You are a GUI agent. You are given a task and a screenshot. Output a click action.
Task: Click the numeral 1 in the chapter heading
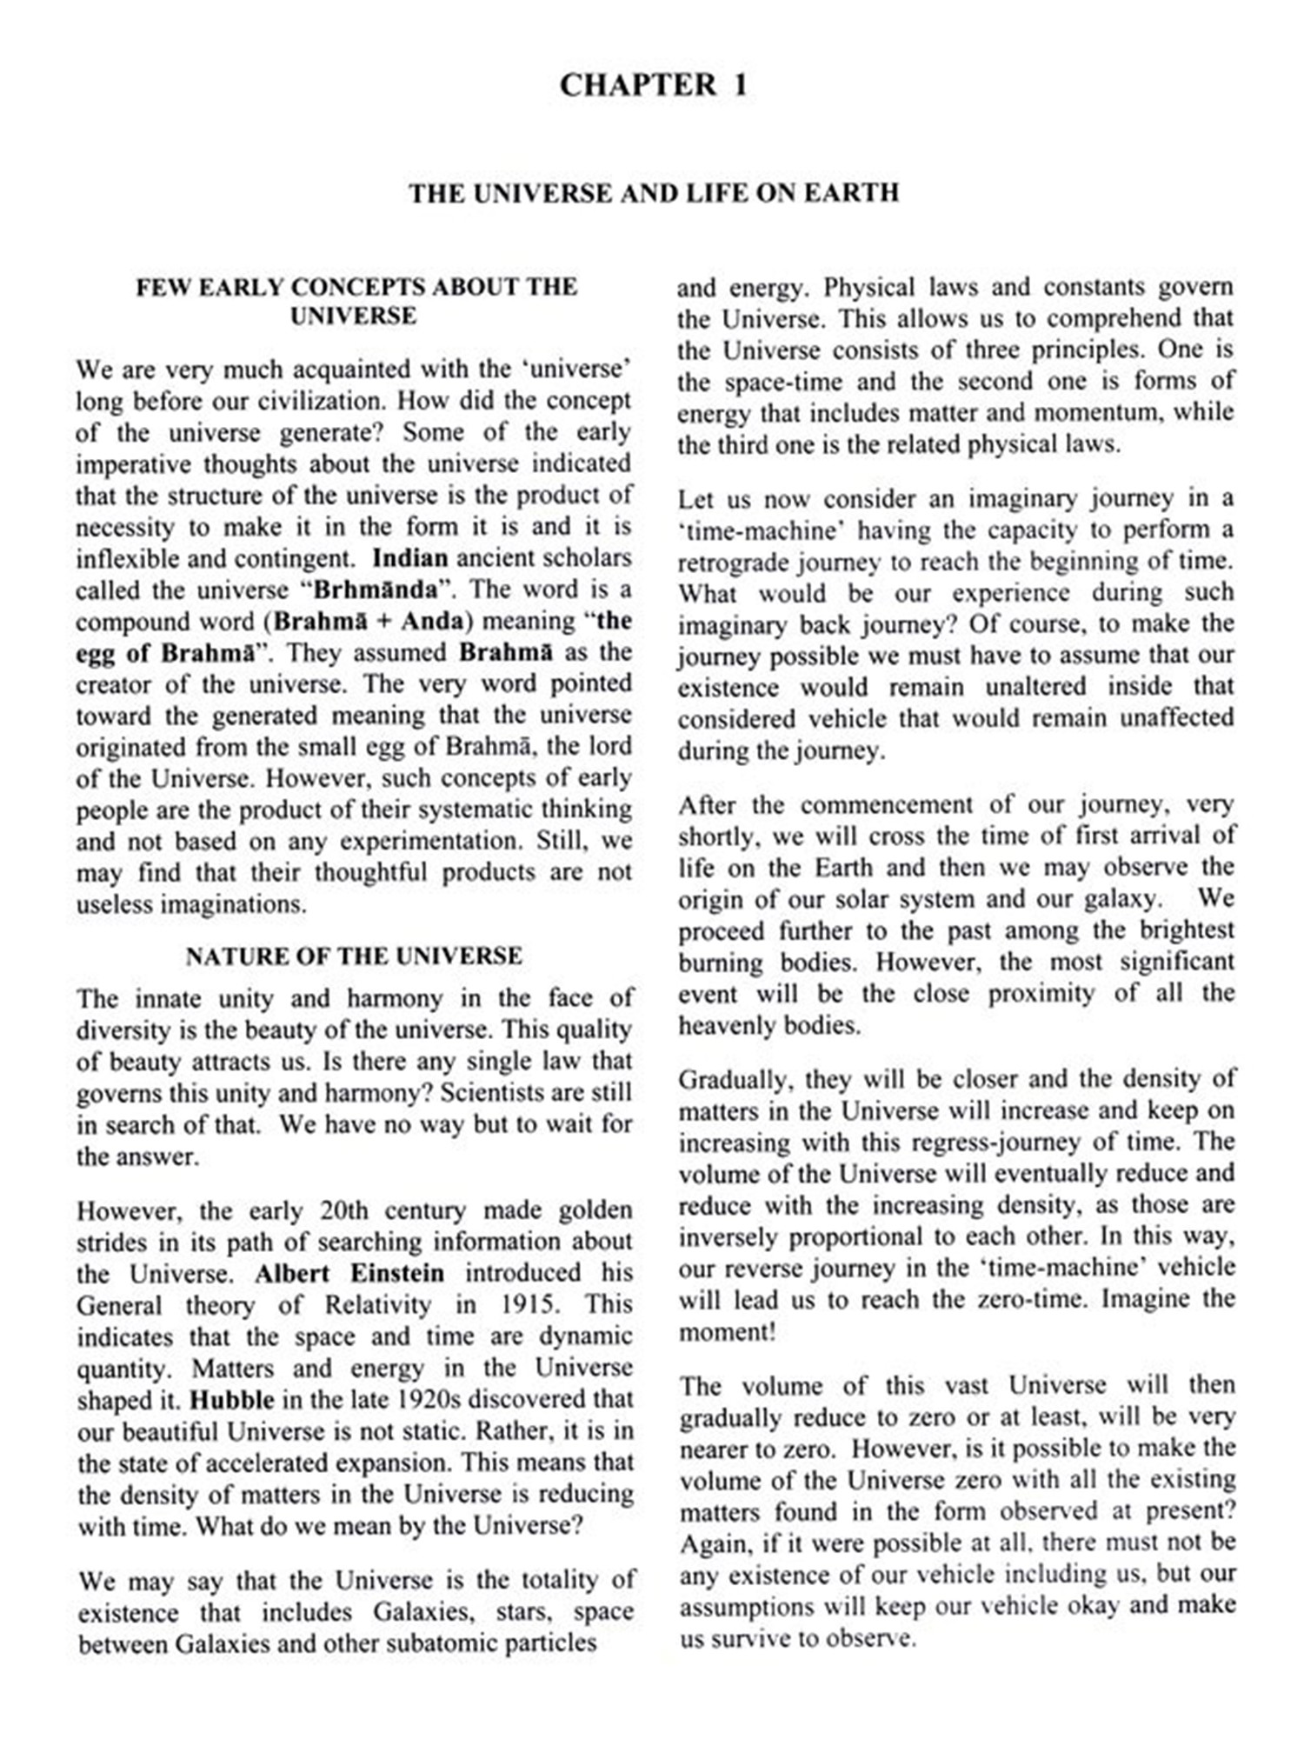739,85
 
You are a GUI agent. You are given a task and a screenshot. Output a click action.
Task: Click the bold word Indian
409,558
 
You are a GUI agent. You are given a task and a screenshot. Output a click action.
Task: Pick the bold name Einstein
397,1273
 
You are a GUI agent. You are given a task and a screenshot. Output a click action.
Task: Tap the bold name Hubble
231,1399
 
